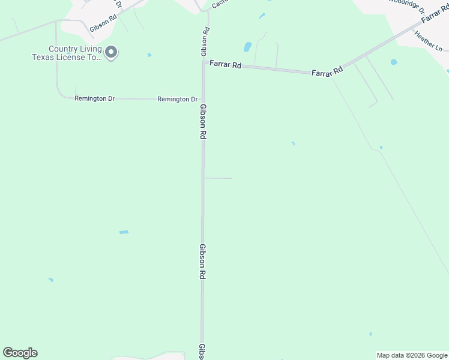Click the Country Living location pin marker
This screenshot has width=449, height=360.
tap(111, 53)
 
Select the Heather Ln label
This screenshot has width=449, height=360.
tap(428, 41)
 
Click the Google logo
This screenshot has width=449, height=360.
tap(20, 353)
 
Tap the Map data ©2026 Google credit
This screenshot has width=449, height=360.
tap(412, 355)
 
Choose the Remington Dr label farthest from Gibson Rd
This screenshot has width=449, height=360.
tap(94, 98)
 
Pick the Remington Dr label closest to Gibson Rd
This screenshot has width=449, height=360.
tap(177, 99)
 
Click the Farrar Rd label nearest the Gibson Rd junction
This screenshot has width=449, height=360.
tap(225, 64)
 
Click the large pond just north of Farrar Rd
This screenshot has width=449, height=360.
tap(247, 47)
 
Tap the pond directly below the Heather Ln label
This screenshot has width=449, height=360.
tap(394, 62)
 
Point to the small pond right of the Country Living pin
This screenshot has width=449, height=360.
tap(149, 55)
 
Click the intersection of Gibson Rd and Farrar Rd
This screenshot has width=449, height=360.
tap(204, 62)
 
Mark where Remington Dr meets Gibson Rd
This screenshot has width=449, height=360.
tap(203, 99)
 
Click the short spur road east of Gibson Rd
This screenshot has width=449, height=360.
tap(218, 178)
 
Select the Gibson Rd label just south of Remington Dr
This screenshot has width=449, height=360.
tap(203, 121)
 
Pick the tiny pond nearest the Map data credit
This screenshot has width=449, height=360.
tap(370, 334)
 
